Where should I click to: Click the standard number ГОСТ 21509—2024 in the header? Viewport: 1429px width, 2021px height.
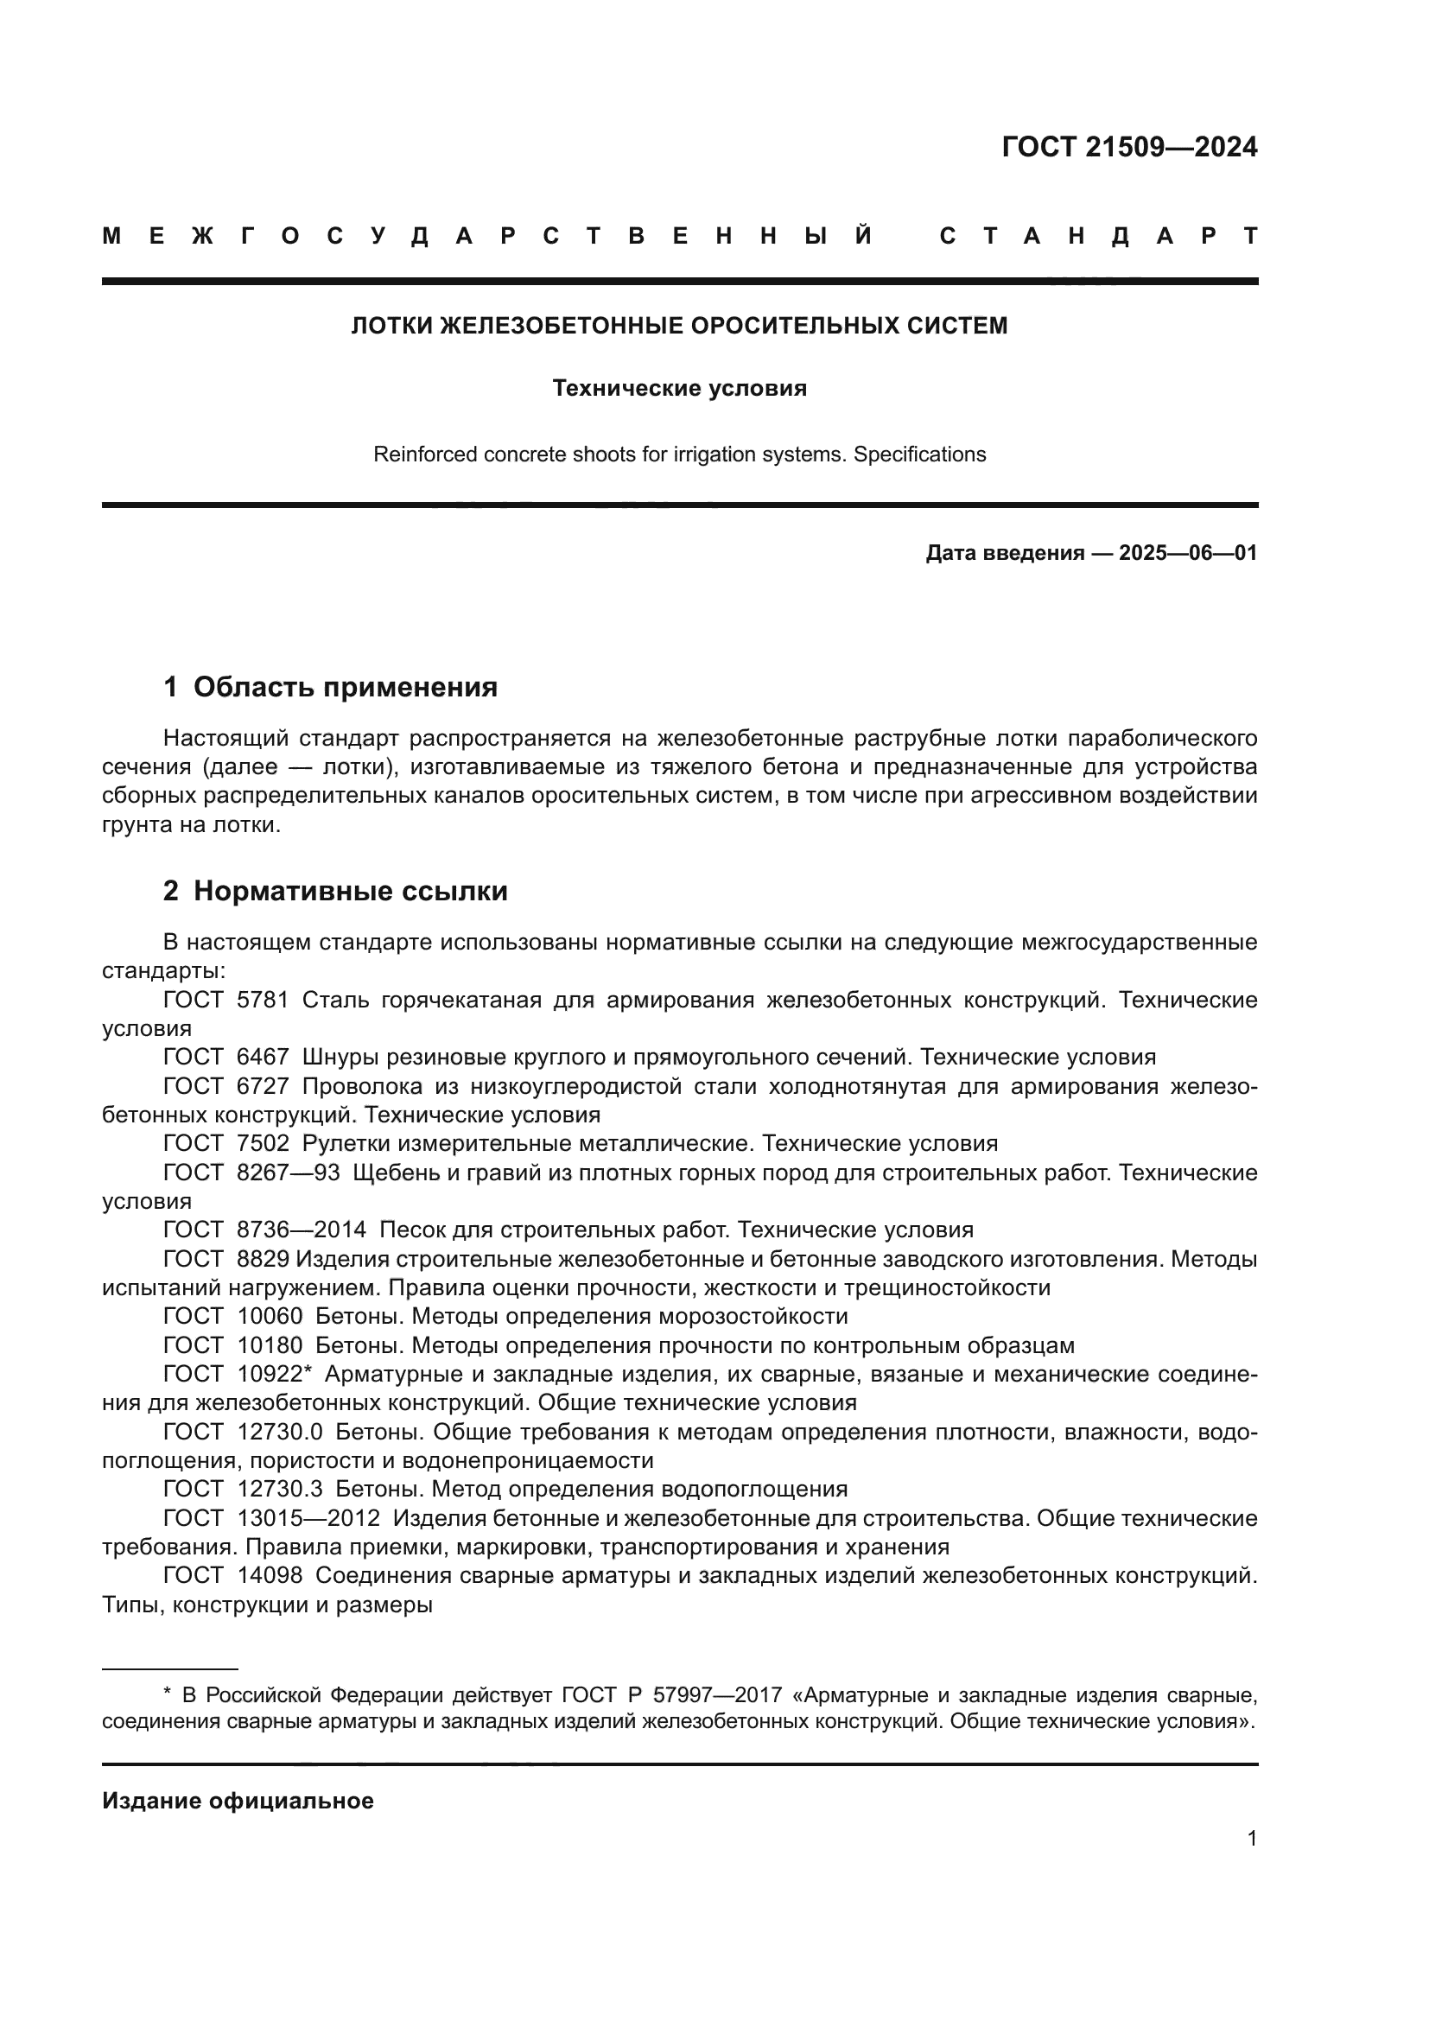coord(1129,146)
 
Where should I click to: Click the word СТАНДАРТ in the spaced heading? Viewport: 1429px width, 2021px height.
coord(1098,236)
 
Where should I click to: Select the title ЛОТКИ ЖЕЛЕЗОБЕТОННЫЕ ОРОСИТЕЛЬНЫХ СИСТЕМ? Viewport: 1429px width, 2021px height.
coord(679,326)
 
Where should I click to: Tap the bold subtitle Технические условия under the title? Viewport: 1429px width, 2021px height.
coord(679,388)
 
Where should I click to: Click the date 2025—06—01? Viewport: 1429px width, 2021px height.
coord(1188,553)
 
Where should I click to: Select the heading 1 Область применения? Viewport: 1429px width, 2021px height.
coord(330,687)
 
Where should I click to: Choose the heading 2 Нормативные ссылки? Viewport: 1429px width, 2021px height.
coord(335,891)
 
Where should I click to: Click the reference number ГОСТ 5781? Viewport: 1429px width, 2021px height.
coord(226,1000)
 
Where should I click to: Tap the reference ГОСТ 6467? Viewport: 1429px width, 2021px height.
coord(226,1057)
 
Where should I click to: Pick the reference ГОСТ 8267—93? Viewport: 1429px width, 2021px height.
coord(251,1173)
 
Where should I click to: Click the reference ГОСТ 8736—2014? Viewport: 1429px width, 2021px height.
coord(264,1230)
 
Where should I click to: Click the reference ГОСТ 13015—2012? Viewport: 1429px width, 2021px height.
coord(271,1517)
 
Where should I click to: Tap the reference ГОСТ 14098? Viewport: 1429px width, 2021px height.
coord(232,1575)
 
